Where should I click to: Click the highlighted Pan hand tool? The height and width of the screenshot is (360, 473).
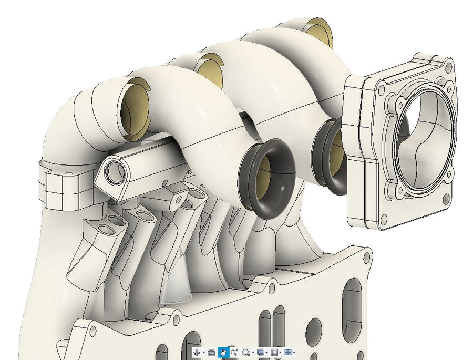(x=223, y=352)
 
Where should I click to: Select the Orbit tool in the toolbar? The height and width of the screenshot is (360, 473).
(x=197, y=352)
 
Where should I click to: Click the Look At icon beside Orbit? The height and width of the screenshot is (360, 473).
(x=211, y=352)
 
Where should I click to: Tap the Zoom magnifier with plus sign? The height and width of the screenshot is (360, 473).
(x=234, y=352)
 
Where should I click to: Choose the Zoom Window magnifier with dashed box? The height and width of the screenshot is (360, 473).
(x=246, y=352)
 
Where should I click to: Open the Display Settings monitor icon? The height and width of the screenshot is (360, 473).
(x=261, y=352)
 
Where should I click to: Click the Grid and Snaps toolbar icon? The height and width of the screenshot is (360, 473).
(x=274, y=352)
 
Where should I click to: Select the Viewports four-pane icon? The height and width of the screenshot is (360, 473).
(x=288, y=352)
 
